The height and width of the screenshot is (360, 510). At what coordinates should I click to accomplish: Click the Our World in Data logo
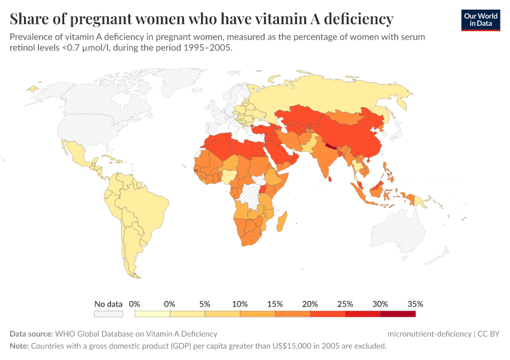pyautogui.click(x=480, y=20)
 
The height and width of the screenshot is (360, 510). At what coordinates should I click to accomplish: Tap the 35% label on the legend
pyautogui.click(x=415, y=304)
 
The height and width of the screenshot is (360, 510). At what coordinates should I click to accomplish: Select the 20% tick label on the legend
pyautogui.click(x=310, y=304)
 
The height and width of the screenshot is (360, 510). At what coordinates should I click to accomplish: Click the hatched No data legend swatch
pyautogui.click(x=109, y=313)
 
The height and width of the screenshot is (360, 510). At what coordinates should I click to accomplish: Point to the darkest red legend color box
pyautogui.click(x=398, y=313)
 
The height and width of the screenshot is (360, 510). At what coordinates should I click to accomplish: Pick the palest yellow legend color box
pyautogui.click(x=152, y=313)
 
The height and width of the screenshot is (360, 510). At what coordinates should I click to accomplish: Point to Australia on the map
pyautogui.click(x=399, y=234)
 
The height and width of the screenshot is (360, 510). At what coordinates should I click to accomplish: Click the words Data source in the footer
pyautogui.click(x=31, y=334)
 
